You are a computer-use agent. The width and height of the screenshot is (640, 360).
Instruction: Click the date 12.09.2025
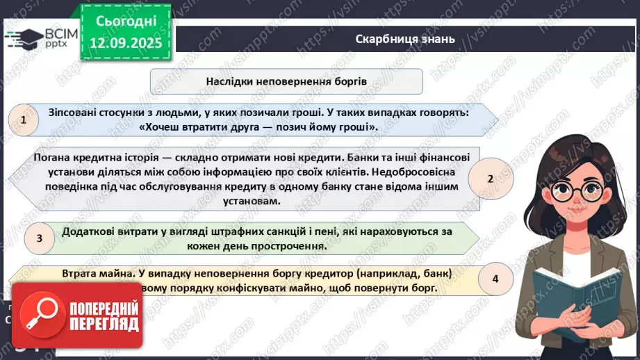[126, 41]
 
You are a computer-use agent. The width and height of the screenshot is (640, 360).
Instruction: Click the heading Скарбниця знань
[404, 39]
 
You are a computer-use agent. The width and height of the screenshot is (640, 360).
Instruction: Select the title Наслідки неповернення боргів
[286, 81]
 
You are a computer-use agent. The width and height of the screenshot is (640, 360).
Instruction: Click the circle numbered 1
[25, 120]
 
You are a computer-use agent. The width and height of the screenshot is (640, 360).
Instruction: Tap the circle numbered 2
[490, 179]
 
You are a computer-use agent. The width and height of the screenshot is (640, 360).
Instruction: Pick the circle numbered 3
[40, 238]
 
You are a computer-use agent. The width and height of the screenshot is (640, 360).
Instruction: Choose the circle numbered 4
[495, 279]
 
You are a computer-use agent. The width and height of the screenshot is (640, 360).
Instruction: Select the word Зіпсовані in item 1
[74, 113]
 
